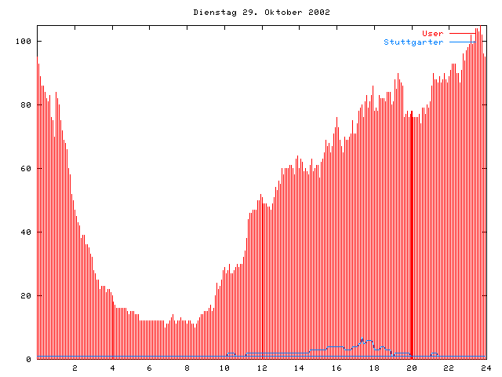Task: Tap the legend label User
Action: [x=433, y=33]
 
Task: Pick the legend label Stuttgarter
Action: [x=413, y=42]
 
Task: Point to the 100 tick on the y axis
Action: [x=25, y=41]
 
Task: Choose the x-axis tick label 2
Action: [x=75, y=368]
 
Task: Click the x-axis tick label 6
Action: [x=150, y=368]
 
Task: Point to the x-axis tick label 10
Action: [x=224, y=368]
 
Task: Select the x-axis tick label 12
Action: [x=262, y=368]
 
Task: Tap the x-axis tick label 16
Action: [x=336, y=368]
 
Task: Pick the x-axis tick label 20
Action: [x=411, y=368]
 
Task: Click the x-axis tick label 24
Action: [x=486, y=368]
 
